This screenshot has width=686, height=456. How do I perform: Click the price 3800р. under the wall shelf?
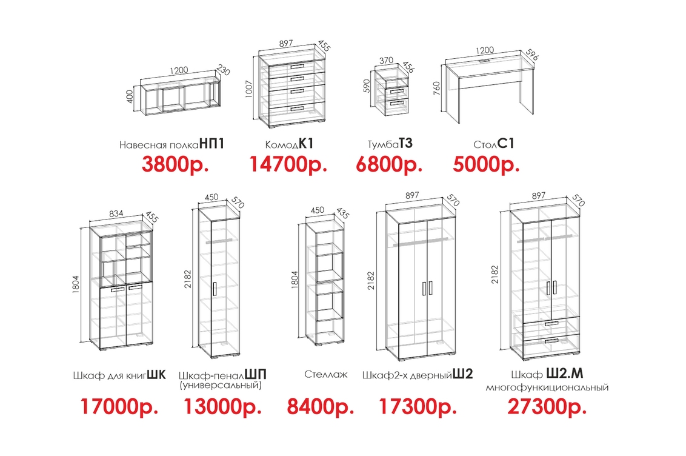click(x=175, y=164)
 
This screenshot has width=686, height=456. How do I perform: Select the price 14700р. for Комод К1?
click(x=288, y=164)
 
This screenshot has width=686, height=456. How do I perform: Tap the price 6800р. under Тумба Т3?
click(x=389, y=164)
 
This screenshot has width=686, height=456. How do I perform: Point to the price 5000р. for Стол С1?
click(x=486, y=164)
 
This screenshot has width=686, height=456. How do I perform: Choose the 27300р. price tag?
click(x=547, y=406)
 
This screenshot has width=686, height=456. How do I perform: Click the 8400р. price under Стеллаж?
click(x=320, y=406)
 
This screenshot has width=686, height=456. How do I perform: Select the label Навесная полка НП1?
click(x=171, y=144)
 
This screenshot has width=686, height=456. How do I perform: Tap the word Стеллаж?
click(x=326, y=375)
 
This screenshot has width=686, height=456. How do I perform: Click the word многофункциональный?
click(x=547, y=387)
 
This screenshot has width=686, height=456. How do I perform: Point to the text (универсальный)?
click(x=221, y=385)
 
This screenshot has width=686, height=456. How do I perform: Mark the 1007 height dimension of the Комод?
click(x=249, y=89)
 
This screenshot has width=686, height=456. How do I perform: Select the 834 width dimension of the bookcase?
click(x=116, y=213)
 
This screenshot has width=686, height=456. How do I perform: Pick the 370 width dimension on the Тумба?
click(x=386, y=61)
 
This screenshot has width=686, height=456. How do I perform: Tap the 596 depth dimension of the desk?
click(x=532, y=54)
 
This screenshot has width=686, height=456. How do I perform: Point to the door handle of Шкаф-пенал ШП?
click(x=215, y=289)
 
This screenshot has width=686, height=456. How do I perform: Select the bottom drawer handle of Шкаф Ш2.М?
click(x=551, y=340)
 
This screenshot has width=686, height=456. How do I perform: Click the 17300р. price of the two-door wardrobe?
click(x=418, y=406)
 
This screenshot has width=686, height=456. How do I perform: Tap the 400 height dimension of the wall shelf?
click(x=130, y=96)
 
